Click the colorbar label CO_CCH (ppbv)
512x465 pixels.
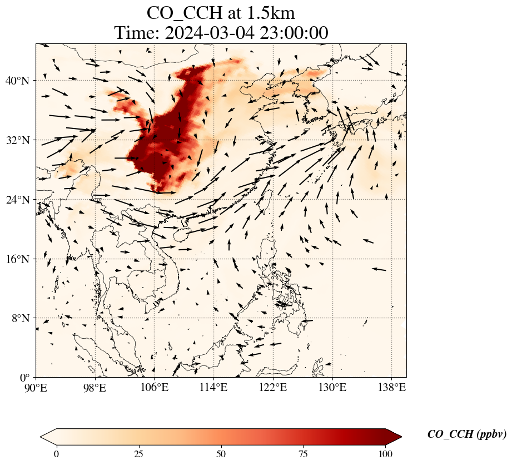click(x=466, y=434)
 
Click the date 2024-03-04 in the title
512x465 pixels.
click(x=209, y=33)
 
